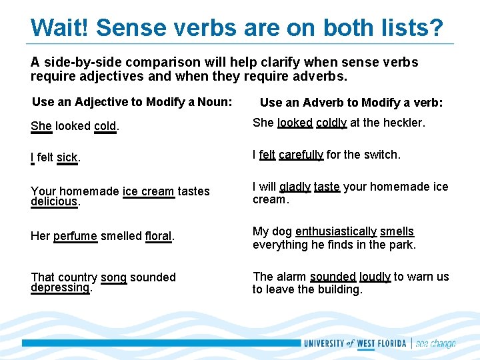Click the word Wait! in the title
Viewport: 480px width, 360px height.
(59, 28)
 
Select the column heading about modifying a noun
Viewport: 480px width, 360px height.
(132, 102)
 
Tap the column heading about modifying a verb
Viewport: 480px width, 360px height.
(351, 103)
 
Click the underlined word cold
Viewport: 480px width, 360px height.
(105, 126)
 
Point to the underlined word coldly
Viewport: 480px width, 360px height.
(331, 123)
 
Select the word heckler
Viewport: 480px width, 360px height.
(402, 123)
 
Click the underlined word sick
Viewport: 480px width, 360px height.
(67, 158)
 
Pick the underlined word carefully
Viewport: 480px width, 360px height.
(301, 155)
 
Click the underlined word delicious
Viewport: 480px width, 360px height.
(55, 201)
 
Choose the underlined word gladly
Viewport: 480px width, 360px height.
(295, 187)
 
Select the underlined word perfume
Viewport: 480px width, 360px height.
(75, 236)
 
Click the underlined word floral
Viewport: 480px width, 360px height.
(159, 236)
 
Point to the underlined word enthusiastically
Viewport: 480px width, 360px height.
(336, 231)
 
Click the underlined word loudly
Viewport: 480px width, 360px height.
(375, 277)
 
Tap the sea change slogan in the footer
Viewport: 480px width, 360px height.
(436, 344)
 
